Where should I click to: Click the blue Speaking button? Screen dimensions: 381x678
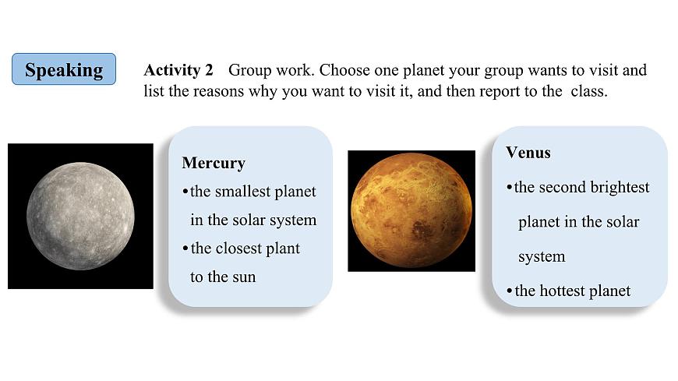pos(64,69)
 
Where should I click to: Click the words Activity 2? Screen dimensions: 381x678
pos(178,70)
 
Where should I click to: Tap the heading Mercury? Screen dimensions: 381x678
pos(213,163)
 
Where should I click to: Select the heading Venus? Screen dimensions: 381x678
pos(528,153)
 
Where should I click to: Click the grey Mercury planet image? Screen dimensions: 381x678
pos(80,216)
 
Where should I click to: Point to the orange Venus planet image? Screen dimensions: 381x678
pos(411,210)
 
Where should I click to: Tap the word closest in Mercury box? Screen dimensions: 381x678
pos(238,249)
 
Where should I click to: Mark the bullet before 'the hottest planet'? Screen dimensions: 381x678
pos(509,291)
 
